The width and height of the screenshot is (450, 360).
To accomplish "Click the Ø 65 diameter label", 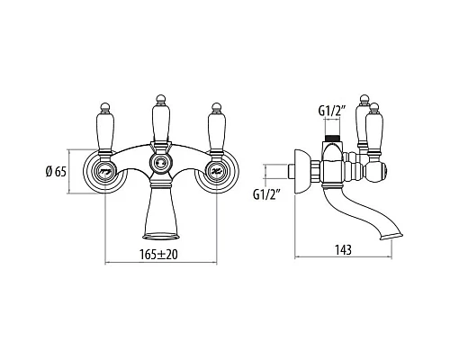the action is click(x=56, y=172).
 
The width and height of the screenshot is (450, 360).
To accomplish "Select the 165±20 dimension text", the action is click(x=158, y=255).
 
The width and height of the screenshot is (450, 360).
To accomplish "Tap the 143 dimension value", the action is click(x=344, y=249).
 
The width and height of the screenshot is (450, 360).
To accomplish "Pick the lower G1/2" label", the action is click(x=266, y=194).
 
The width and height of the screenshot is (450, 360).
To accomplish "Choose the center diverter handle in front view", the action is click(x=161, y=120).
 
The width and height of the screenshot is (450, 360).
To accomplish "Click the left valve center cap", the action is click(x=105, y=172).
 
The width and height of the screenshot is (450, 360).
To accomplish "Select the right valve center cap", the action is click(x=216, y=172).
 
